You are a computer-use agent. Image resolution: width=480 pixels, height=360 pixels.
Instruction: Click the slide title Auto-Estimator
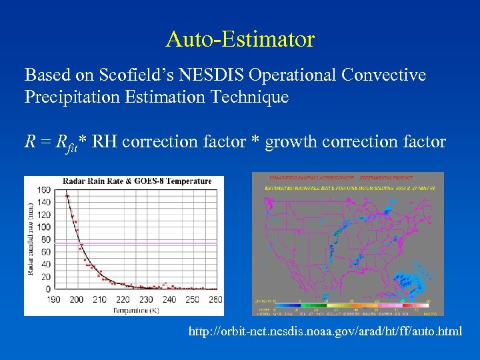pyautogui.click(x=240, y=39)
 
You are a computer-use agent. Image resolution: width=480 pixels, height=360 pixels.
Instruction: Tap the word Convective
pyautogui.click(x=383, y=75)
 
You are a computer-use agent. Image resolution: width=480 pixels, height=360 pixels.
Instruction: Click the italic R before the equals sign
pyautogui.click(x=30, y=141)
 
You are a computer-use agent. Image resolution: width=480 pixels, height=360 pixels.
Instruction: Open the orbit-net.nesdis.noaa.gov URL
pyautogui.click(x=325, y=331)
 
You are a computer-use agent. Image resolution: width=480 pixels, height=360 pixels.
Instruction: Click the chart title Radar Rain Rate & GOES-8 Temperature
pyautogui.click(x=137, y=181)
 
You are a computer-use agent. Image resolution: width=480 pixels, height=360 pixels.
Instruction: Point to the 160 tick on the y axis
pyautogui.click(x=44, y=190)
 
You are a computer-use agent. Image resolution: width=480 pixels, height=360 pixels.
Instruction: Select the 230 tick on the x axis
pyautogui.click(x=146, y=299)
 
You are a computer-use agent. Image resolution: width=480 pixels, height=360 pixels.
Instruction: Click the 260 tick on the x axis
pyautogui.click(x=215, y=299)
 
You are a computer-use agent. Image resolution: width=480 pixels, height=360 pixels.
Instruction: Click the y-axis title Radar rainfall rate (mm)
pyautogui.click(x=30, y=239)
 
